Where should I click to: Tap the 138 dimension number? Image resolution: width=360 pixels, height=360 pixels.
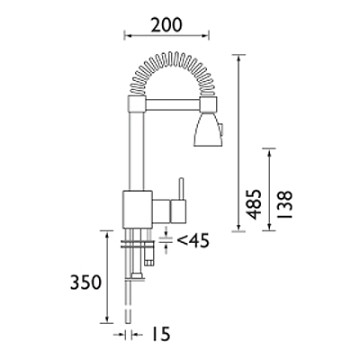point(285,205)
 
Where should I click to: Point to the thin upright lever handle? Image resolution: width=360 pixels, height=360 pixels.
point(181,190)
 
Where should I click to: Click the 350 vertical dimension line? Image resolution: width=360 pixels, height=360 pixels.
point(106,279)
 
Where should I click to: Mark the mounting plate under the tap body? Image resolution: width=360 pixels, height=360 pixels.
point(137,238)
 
